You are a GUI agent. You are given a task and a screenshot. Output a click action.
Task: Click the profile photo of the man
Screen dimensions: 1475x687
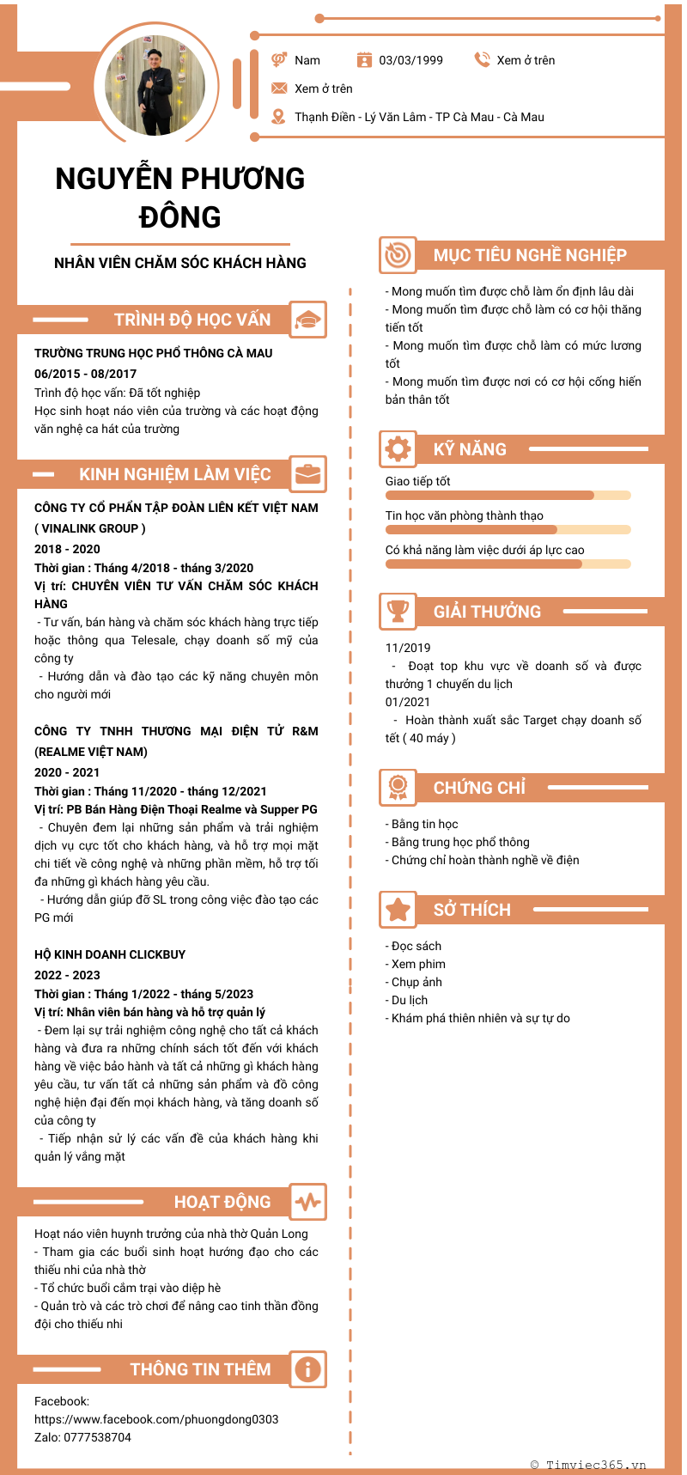(x=155, y=85)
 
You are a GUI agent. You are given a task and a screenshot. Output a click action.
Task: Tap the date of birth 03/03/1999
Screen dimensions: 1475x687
(x=410, y=60)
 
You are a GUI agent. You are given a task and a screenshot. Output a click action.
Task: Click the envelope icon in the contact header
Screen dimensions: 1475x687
(x=279, y=88)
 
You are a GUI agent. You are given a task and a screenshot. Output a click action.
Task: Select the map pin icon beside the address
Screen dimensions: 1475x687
(x=278, y=117)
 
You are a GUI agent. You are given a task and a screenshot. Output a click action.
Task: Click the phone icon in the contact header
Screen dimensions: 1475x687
(x=482, y=59)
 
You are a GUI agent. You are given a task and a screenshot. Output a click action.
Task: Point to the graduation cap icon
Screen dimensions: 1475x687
(x=307, y=320)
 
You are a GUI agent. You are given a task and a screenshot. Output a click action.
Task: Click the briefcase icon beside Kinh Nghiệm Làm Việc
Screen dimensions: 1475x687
(x=307, y=474)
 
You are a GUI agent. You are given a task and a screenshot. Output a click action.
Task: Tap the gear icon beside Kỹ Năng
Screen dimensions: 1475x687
(x=398, y=448)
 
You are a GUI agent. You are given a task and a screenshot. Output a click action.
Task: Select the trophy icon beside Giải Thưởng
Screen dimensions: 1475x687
(x=398, y=611)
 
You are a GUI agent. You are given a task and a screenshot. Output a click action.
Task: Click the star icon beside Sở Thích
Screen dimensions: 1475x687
(x=398, y=909)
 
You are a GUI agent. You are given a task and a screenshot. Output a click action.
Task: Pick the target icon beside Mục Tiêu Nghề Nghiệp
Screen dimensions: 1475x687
(x=398, y=255)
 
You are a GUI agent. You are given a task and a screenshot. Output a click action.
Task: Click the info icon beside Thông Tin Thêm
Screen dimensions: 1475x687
(x=307, y=1369)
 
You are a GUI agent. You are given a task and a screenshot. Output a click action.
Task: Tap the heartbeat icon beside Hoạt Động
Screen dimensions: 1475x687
(x=307, y=1202)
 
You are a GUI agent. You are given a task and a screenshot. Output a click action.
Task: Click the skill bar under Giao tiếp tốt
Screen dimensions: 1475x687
(x=508, y=496)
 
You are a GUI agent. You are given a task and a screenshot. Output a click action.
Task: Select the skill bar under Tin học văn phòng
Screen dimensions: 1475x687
(x=508, y=530)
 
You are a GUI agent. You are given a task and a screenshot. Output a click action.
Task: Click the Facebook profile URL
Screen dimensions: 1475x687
(x=156, y=1419)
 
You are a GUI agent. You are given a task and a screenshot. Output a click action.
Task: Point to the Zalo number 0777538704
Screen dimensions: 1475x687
(x=98, y=1437)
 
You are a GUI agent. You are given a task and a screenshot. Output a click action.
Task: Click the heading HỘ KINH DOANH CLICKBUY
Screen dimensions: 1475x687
(x=110, y=954)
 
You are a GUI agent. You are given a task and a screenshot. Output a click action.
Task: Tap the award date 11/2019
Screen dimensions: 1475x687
(x=408, y=648)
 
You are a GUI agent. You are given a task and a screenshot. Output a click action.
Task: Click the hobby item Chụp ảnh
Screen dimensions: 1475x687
(x=416, y=982)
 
